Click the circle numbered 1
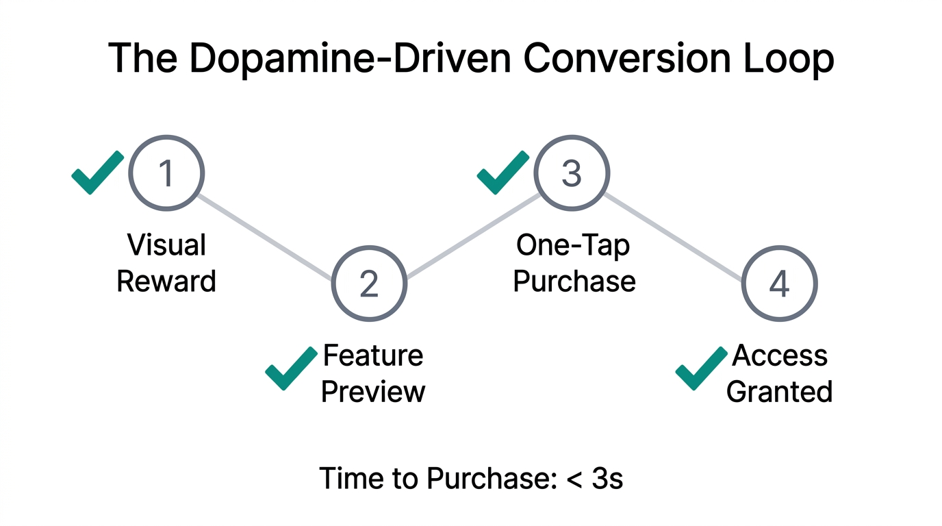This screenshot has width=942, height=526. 166,173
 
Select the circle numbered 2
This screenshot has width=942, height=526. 369,283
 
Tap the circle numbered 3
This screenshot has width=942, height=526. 572,173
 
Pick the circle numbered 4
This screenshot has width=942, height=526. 779,283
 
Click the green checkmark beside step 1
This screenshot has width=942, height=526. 97,173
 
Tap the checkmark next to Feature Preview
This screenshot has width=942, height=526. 291,368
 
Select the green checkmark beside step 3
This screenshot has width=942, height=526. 502,173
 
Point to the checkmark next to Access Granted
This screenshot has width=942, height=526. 701,368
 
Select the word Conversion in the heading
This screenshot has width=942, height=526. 622,59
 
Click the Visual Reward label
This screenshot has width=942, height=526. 166,263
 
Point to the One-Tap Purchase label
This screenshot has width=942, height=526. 574,263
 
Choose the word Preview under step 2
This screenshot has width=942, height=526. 373,391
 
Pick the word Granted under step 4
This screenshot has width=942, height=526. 779,391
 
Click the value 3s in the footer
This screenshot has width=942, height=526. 607,478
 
